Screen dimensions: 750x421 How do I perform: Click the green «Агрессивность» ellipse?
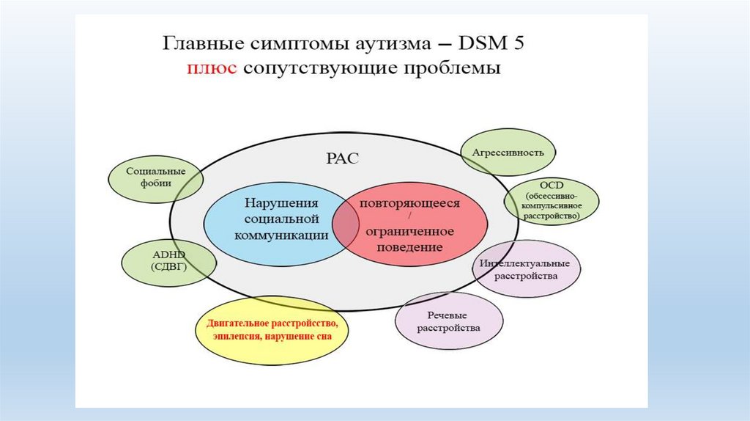point(508,153)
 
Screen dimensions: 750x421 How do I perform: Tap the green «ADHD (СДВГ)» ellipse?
point(168,261)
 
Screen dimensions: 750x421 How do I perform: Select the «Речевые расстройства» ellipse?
point(449,322)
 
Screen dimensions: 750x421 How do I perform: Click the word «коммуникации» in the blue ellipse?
point(272,235)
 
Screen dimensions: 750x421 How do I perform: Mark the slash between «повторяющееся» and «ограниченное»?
point(410,217)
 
